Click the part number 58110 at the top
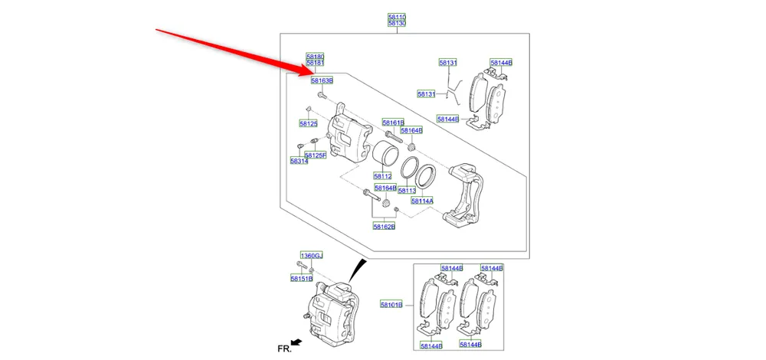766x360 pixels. pos(397,16)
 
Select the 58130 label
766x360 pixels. pos(397,24)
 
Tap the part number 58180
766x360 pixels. pos(316,57)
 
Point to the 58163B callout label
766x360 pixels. pos(322,80)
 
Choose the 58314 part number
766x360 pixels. pos(299,161)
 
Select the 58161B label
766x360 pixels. pos(393,123)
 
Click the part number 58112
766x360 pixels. pos(383,176)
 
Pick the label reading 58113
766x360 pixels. pos(407,190)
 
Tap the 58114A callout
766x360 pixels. pos(422,201)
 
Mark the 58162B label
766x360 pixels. pos(384,227)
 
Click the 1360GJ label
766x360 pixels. pos(311,255)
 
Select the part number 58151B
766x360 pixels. pos(301,278)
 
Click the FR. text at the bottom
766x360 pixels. pos(284,348)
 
